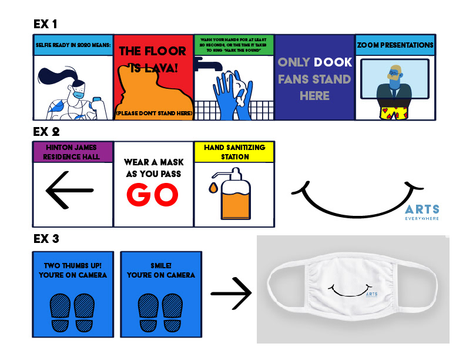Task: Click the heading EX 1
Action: [x=45, y=24]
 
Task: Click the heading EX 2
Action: [x=45, y=132]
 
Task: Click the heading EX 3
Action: [x=45, y=239]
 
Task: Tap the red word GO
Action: [x=153, y=195]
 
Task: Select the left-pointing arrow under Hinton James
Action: [x=69, y=190]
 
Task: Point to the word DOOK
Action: [x=333, y=62]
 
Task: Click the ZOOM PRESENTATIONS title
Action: [x=395, y=45]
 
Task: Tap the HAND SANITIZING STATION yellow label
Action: [x=234, y=152]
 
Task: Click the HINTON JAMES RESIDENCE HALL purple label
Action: [x=73, y=152]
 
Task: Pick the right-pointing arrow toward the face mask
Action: [x=231, y=292]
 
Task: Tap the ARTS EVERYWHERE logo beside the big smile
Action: [x=421, y=212]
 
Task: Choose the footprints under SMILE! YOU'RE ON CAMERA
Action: [x=160, y=311]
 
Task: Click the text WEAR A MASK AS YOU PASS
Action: [x=153, y=168]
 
